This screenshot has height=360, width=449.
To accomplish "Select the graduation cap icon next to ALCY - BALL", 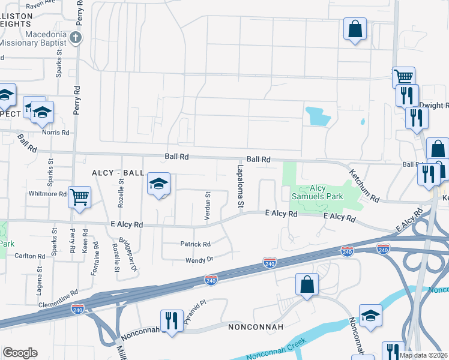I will (x=159, y=184).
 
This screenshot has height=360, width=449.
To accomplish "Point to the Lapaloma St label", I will (x=240, y=187).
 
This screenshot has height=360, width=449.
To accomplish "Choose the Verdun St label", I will (x=208, y=206).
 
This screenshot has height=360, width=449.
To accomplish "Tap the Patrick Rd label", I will (x=196, y=244).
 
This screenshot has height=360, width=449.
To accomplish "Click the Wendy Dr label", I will (x=199, y=260).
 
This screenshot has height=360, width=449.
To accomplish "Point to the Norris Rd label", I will (x=56, y=133).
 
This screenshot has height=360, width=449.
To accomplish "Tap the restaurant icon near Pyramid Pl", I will (x=171, y=320).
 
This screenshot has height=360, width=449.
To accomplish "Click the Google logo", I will (x=20, y=353).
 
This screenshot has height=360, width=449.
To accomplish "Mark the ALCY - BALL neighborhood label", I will (x=118, y=173).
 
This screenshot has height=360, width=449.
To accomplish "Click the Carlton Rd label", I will (x=30, y=256).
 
